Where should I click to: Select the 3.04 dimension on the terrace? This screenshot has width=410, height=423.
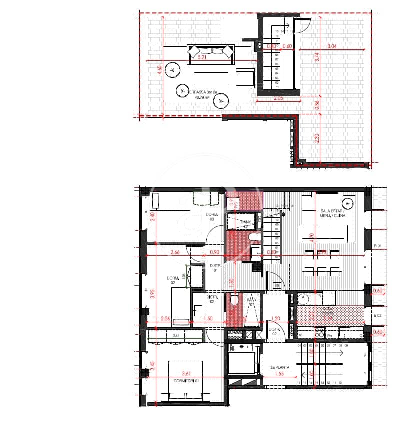332,46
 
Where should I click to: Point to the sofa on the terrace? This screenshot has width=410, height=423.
211,54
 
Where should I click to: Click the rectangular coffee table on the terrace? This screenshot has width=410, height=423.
211,79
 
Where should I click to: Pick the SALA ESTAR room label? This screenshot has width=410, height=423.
333,213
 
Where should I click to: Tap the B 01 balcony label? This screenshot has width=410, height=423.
378,246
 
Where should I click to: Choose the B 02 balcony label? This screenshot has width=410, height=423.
378,316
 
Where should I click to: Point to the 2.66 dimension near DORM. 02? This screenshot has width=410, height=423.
175,252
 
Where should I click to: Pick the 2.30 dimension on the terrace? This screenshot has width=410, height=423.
317,138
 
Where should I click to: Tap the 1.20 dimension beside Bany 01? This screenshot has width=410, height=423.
275,318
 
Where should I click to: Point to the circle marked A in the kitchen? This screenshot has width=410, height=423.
303,297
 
